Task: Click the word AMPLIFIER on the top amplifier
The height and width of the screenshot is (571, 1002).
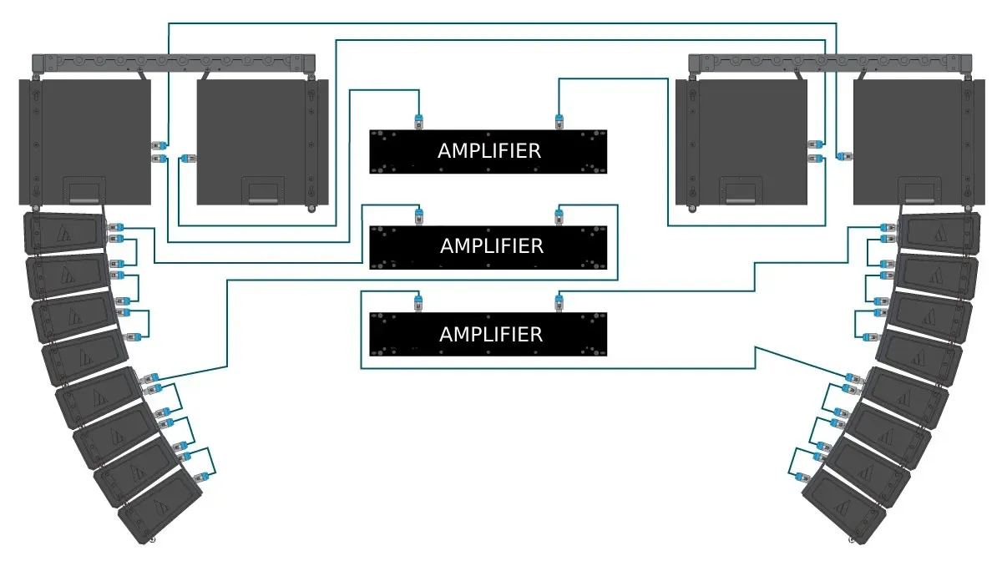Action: pyautogui.click(x=488, y=151)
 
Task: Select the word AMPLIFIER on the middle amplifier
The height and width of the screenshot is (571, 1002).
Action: pyautogui.click(x=491, y=246)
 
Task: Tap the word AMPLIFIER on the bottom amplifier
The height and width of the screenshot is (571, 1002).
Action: pyautogui.click(x=491, y=334)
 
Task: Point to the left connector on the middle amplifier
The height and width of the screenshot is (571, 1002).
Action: pyautogui.click(x=419, y=216)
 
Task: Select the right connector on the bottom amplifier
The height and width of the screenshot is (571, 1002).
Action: pyautogui.click(x=558, y=301)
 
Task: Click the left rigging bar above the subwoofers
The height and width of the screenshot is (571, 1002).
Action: pyautogui.click(x=173, y=63)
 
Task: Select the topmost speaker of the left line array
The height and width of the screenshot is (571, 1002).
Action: pyautogui.click(x=65, y=233)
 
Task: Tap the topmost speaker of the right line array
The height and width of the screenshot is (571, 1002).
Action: pyautogui.click(x=939, y=233)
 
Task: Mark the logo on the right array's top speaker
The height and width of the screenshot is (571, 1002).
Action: pyautogui.click(x=940, y=235)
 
